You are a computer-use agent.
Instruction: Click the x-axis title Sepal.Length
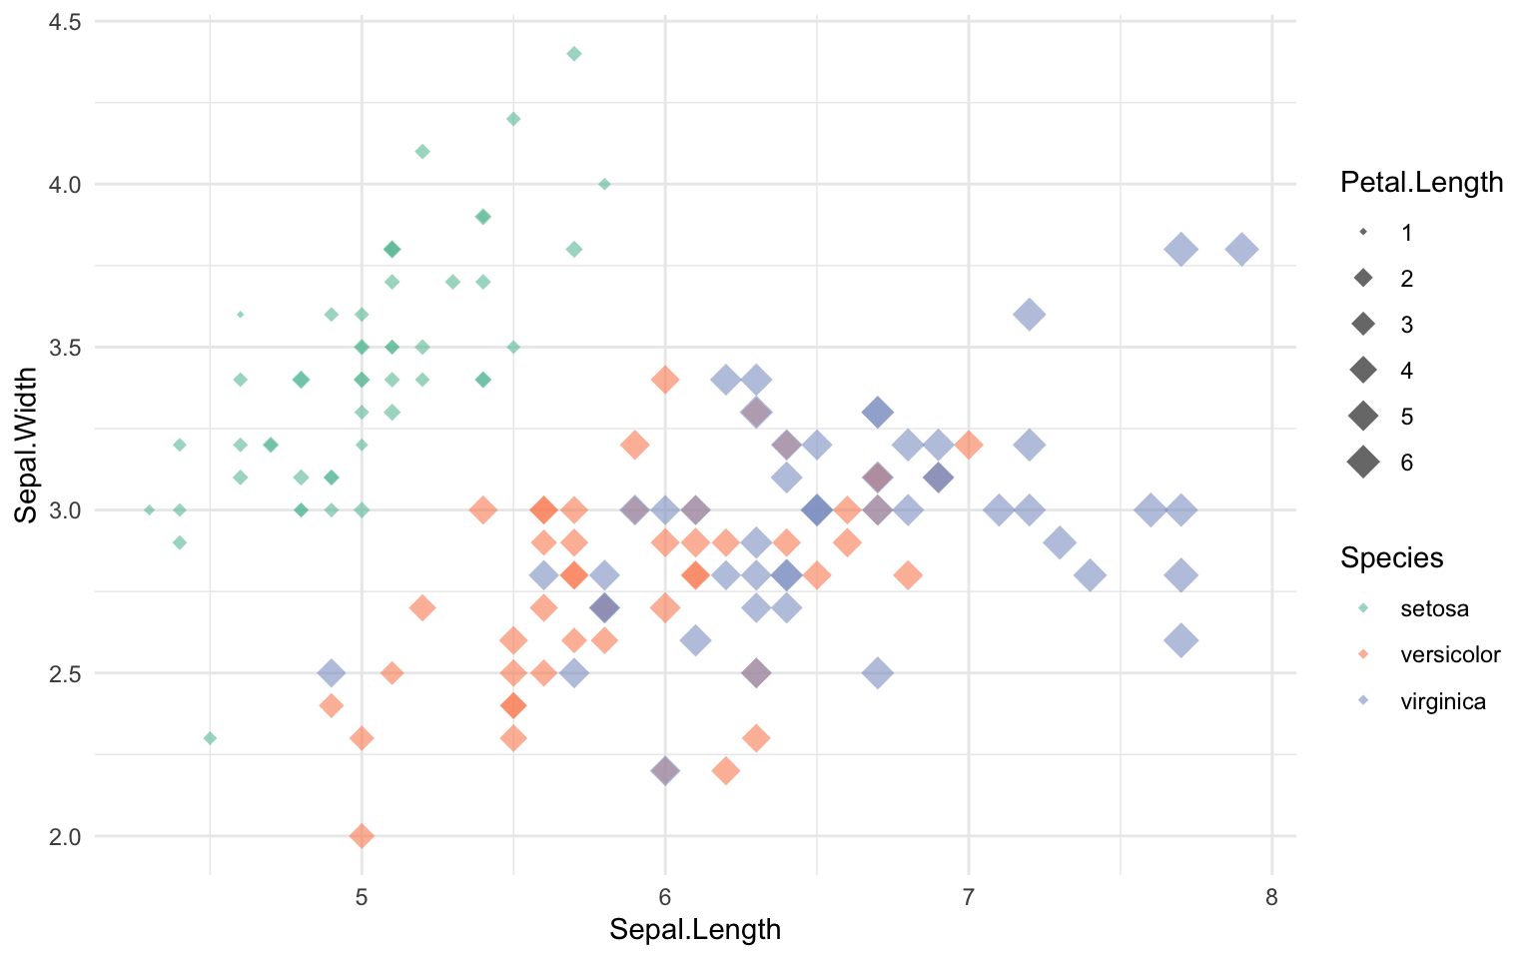(x=695, y=930)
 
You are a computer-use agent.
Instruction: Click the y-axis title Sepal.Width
(x=27, y=445)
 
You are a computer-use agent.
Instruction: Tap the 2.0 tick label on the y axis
(x=66, y=836)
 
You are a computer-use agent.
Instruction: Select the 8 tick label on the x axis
(x=1271, y=897)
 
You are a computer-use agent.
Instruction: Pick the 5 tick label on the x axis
(x=362, y=897)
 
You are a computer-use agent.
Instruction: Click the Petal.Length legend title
(x=1421, y=182)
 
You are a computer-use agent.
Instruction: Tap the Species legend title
(x=1391, y=557)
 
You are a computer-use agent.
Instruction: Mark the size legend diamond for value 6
(x=1363, y=463)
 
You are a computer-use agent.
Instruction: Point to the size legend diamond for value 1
(x=1363, y=232)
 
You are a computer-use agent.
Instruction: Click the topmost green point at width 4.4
(x=574, y=54)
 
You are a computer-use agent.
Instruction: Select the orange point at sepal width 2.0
(x=363, y=835)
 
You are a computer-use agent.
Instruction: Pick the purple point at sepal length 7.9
(x=1241, y=249)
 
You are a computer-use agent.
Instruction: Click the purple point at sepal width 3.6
(x=1029, y=314)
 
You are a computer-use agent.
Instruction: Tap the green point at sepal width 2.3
(x=210, y=738)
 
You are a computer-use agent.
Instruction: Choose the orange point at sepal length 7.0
(x=968, y=445)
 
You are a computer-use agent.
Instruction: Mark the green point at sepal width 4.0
(x=604, y=184)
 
